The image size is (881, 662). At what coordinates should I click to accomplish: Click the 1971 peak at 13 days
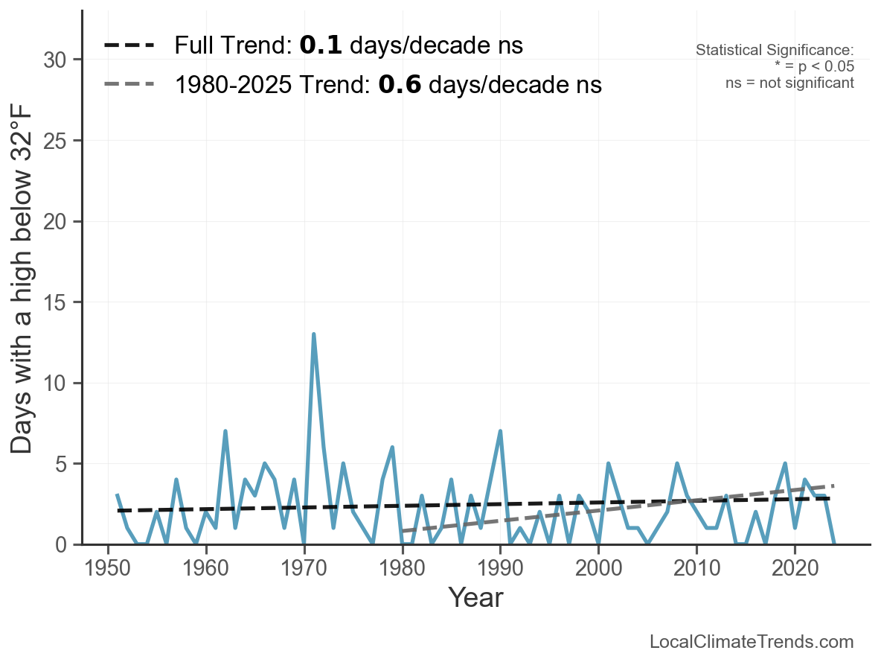pos(314,334)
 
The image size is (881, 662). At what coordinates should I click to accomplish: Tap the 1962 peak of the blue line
pos(225,431)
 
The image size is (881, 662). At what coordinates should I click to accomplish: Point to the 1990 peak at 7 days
pos(500,431)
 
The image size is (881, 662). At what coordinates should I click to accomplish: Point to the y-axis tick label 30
pos(57,60)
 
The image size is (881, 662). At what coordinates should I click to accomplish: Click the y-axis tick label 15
pos(57,302)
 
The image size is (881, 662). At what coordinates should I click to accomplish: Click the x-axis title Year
pos(475,598)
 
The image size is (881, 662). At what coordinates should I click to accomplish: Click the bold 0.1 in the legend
pos(321,45)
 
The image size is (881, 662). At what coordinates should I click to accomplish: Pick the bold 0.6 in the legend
pos(400,85)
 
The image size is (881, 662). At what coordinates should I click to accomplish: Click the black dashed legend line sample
pos(129,45)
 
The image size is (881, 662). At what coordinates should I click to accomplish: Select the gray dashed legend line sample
pos(129,84)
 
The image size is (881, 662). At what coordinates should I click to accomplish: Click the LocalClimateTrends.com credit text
pos(752,642)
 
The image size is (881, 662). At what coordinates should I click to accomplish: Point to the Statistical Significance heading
pos(775,51)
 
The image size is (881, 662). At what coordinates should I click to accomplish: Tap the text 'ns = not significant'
pos(789,83)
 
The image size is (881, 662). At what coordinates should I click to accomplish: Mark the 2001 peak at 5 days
pos(608,464)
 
